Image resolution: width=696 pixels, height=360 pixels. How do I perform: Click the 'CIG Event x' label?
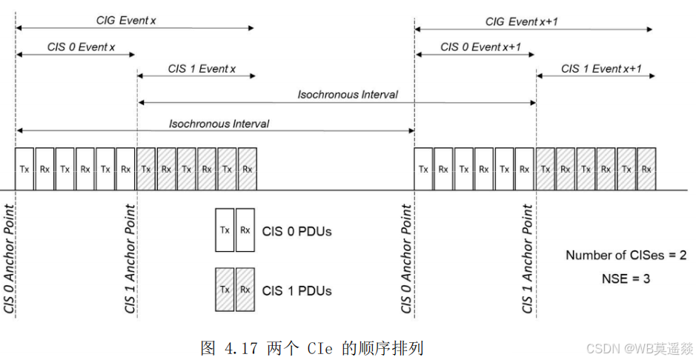click(x=126, y=21)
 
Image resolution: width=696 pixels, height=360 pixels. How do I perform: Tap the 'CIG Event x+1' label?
click(x=521, y=21)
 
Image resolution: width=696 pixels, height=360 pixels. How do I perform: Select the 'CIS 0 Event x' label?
click(x=81, y=47)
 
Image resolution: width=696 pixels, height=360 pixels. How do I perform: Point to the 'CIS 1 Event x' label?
click(x=202, y=69)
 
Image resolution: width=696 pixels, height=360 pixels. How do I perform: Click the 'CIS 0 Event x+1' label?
click(x=480, y=47)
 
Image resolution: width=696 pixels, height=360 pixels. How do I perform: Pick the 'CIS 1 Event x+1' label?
click(x=601, y=69)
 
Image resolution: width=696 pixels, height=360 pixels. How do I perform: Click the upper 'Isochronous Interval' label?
click(x=348, y=94)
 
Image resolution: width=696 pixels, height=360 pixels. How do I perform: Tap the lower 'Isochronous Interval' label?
click(x=219, y=123)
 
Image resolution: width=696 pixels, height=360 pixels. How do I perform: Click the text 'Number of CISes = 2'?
click(x=626, y=256)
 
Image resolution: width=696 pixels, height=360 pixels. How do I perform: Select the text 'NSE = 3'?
click(x=626, y=279)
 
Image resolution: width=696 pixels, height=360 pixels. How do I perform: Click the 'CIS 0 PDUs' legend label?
click(x=296, y=231)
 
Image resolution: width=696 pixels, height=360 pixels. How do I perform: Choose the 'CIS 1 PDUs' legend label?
click(x=296, y=291)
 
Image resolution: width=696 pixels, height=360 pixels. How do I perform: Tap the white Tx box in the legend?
click(x=225, y=230)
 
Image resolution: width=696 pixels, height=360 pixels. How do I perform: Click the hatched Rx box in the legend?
click(x=245, y=290)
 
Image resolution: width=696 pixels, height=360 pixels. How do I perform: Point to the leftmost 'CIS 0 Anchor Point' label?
click(x=9, y=259)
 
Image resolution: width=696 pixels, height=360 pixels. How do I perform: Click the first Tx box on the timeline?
click(x=24, y=169)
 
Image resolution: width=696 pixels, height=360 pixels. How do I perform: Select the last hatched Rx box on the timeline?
click(x=646, y=169)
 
